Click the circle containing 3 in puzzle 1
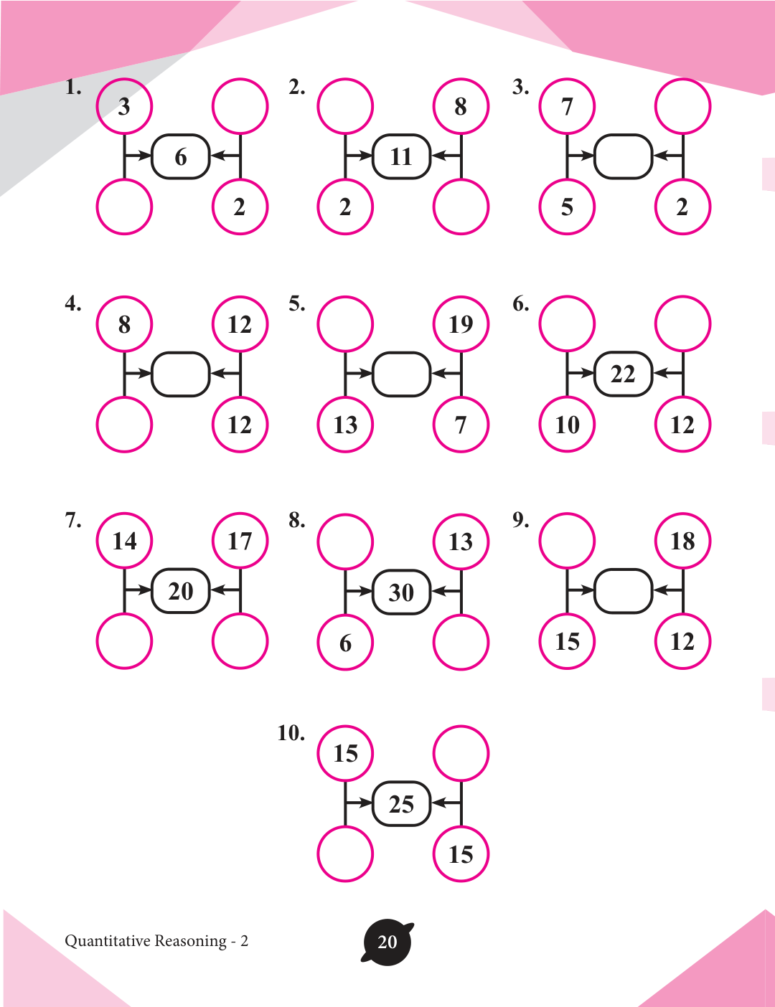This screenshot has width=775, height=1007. tap(124, 106)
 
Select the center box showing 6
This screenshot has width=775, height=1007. tap(180, 156)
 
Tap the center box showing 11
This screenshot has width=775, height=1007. tap(401, 156)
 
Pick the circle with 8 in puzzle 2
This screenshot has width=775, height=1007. tap(461, 106)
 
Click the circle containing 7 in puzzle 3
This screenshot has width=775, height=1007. tap(567, 106)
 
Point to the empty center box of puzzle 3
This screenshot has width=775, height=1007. tap(623, 156)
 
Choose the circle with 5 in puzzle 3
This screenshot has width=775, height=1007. tap(567, 207)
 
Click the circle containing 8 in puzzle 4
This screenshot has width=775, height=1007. tap(124, 324)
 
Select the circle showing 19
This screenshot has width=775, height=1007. tap(461, 324)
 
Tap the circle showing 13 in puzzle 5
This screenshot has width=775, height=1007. tap(345, 425)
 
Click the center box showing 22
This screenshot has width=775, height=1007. tap(623, 374)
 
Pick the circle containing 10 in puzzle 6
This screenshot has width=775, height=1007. tap(567, 425)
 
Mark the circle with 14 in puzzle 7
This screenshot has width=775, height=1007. tap(124, 541)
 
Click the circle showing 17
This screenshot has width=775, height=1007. tap(240, 541)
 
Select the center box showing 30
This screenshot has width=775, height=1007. tap(401, 592)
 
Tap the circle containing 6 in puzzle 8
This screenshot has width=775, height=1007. tap(345, 642)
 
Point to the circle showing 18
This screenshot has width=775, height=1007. tap(682, 541)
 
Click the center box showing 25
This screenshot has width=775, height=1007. tap(401, 804)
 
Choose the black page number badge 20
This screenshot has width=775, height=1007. tap(387, 942)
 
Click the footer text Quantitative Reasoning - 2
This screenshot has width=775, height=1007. tap(156, 941)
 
